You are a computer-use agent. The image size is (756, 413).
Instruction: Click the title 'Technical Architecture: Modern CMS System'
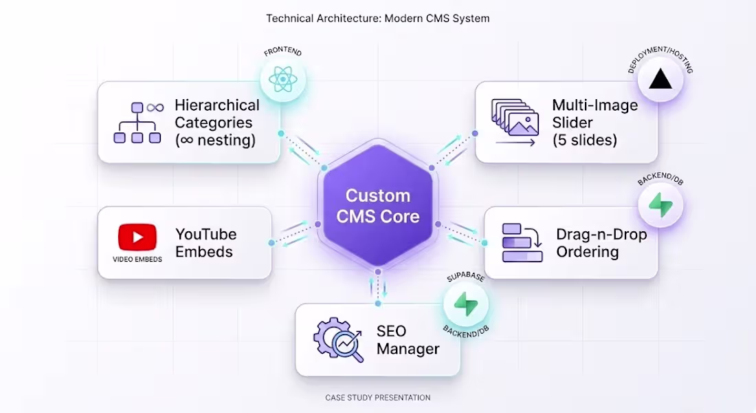pos(377,19)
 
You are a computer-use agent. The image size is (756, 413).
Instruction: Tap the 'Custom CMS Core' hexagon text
pos(377,206)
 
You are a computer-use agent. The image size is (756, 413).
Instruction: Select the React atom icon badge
pos(282,81)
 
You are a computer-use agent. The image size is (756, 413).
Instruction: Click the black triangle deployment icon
pos(660,80)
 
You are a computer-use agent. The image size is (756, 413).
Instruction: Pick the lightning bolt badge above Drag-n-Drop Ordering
pos(660,205)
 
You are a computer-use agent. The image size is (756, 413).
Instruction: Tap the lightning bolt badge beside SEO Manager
pos(465,304)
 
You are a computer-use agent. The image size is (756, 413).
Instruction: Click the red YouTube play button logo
pos(137,237)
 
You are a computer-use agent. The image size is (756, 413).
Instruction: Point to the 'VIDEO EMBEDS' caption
pos(137,260)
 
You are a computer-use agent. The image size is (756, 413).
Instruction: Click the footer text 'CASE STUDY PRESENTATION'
pos(377,398)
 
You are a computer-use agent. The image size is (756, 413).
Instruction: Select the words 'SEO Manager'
pos(408,340)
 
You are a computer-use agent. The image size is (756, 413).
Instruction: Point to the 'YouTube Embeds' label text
pos(206,243)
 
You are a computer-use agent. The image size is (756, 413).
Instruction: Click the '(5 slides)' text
pos(584,140)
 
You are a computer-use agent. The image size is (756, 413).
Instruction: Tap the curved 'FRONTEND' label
pos(282,53)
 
